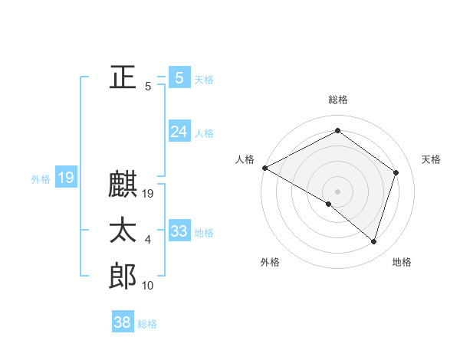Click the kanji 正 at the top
click(x=123, y=77)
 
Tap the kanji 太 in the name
click(x=123, y=230)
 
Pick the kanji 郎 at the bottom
click(x=123, y=275)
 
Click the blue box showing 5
click(x=179, y=77)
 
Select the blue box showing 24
click(x=179, y=132)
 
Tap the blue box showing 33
click(x=179, y=231)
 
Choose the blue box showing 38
click(x=122, y=322)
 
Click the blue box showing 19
click(x=65, y=178)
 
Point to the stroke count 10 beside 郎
click(x=148, y=286)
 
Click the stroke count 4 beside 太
click(x=148, y=241)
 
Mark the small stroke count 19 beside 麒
click(x=149, y=195)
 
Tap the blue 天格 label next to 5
click(x=204, y=79)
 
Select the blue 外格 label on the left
click(x=40, y=179)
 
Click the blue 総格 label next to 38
click(x=147, y=324)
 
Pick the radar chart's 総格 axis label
click(x=337, y=100)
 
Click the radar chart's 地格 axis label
click(x=402, y=262)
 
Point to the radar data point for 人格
click(x=264, y=168)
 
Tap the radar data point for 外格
click(x=329, y=204)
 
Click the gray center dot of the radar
click(x=337, y=191)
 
